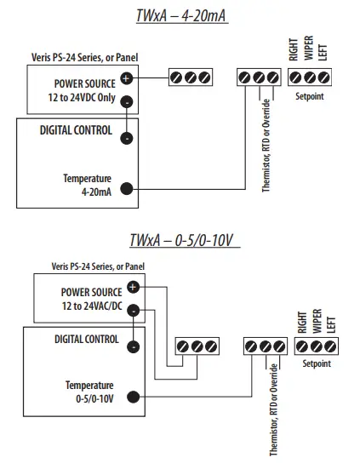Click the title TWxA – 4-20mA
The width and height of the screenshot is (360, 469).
point(180,16)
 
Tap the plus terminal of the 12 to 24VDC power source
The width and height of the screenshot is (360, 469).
point(127,77)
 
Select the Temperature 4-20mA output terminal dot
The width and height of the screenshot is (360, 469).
point(127,189)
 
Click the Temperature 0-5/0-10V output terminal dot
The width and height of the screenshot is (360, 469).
point(134,395)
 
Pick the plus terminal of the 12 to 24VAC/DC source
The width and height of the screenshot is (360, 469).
point(134,287)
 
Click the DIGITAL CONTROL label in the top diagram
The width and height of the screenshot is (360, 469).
point(75,130)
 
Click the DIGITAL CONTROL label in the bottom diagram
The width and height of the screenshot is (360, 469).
point(86,339)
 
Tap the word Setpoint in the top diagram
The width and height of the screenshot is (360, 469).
point(310,96)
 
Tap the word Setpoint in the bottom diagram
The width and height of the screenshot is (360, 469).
point(317,364)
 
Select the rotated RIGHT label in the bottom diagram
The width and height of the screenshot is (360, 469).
point(302,322)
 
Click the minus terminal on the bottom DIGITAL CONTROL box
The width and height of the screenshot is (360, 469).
point(134,346)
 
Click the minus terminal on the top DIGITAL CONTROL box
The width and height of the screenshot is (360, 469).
point(127,138)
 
